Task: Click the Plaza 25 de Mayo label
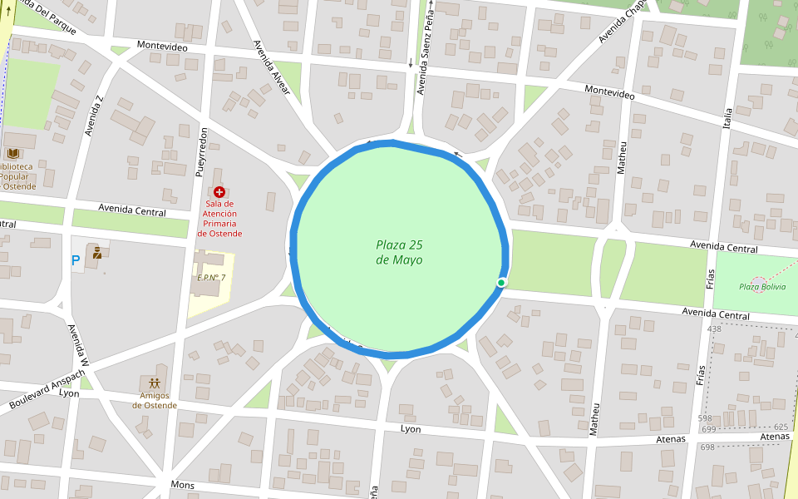[399, 252]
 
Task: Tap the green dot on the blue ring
[501, 283]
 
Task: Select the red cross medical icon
[219, 192]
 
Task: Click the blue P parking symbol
[76, 260]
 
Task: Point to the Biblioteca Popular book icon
[13, 153]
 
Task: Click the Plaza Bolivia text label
[762, 287]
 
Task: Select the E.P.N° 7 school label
[211, 278]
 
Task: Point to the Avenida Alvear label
[271, 67]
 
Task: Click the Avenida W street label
[77, 345]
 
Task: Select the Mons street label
[182, 484]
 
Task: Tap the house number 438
[713, 329]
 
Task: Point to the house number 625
[780, 426]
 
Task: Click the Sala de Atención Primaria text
[219, 219]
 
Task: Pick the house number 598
[705, 418]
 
